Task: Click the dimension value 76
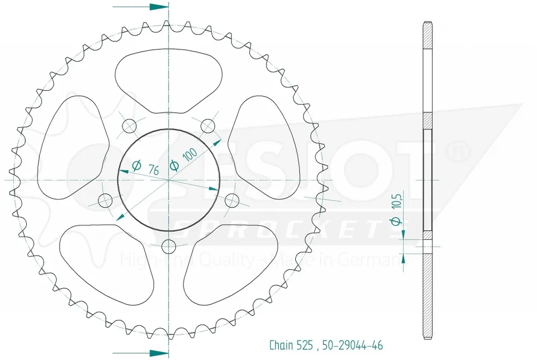point(153,171)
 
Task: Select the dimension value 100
point(189,155)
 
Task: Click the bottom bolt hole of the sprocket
point(169,247)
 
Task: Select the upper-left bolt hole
point(129,126)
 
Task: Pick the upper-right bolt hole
point(208,126)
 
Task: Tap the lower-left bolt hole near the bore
point(105,201)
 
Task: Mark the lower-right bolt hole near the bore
point(231,201)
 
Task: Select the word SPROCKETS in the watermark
point(290,227)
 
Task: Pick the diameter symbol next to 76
point(136,166)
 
